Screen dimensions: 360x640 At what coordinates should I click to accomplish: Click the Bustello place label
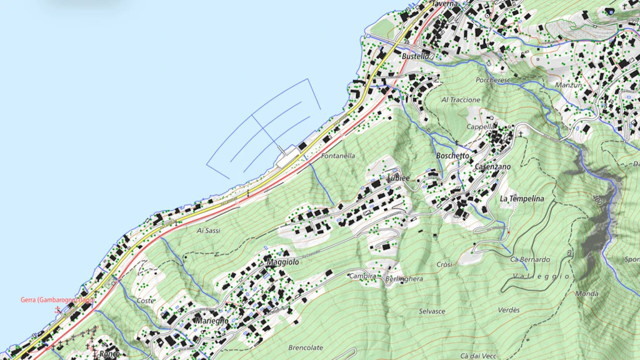pos(416,56)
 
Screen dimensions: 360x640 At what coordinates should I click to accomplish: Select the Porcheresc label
pos(493,81)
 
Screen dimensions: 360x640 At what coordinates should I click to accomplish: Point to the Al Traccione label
pos(461,100)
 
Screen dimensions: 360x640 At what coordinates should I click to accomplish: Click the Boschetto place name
pos(452,156)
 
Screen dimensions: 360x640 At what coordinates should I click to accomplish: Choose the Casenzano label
pos(492,167)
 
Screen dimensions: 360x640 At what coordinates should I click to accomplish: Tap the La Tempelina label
pos(522,199)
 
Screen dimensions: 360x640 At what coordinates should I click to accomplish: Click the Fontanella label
pos(338,156)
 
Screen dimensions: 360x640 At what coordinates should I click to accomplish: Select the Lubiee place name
pos(397,178)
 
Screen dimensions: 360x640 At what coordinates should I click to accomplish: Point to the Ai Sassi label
pos(209,231)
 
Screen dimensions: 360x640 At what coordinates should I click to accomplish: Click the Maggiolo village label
pos(282,262)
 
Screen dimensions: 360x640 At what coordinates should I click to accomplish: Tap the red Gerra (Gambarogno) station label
pos(57,300)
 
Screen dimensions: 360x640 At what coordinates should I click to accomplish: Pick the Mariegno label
pos(212,321)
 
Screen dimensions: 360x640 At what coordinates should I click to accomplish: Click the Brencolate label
pos(306,347)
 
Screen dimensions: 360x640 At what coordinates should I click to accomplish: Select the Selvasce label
pos(432,311)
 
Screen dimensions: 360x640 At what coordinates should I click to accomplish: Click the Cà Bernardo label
pos(530,259)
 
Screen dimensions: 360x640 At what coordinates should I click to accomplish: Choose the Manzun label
pos(568,85)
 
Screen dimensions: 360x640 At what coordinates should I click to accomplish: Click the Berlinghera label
pos(404,279)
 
